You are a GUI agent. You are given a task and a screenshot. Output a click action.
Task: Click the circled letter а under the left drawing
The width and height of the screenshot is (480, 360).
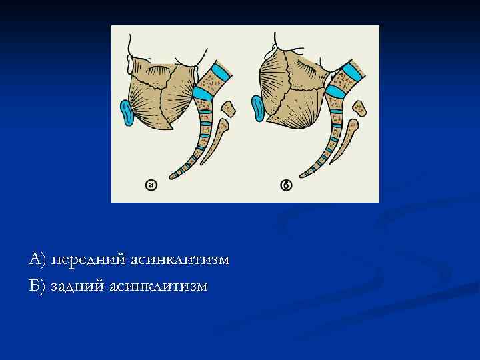151,184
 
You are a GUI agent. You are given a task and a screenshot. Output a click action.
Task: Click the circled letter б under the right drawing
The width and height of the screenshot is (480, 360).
286,184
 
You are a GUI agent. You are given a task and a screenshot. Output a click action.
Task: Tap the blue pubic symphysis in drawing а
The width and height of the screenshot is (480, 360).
127,113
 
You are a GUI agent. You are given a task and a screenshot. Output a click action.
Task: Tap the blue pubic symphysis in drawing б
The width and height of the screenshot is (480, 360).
258,108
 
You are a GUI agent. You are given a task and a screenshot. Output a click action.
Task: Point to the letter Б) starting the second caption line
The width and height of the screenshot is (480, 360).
37,285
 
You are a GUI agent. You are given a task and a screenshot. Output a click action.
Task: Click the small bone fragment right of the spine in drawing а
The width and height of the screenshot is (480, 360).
229,108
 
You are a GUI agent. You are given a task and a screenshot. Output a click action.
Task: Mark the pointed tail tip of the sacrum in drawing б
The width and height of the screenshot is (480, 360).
304,177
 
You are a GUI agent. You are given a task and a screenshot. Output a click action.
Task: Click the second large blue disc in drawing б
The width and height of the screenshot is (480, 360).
333,92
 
